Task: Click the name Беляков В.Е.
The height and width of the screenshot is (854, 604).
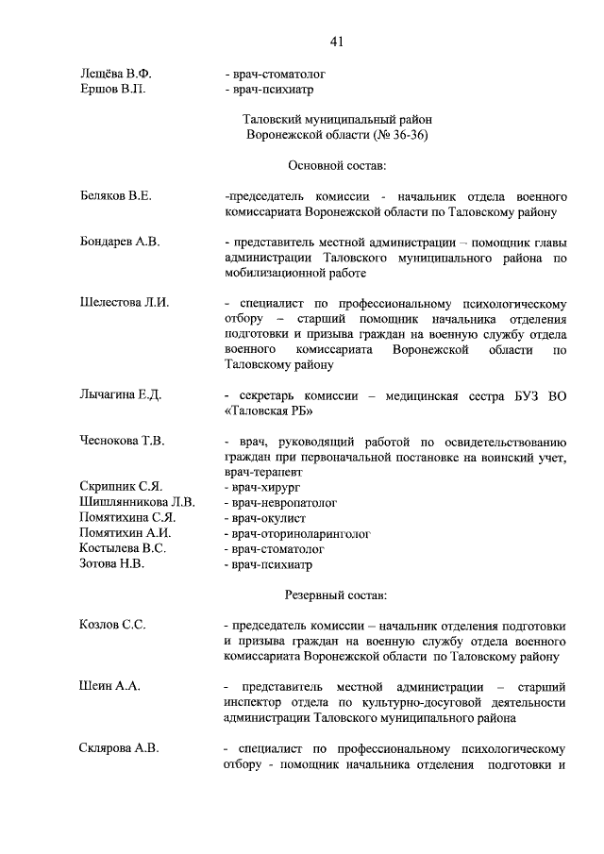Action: coord(116,195)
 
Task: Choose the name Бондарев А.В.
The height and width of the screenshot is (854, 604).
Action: coord(120,242)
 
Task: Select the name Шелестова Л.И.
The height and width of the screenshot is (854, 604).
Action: coord(125,303)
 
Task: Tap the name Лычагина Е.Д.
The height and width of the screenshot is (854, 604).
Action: coord(121,394)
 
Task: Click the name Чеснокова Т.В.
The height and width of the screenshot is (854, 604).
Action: coord(123,441)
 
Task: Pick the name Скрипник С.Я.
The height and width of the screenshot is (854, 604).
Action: coord(122,486)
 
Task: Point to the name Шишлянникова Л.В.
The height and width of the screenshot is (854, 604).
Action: coord(138,502)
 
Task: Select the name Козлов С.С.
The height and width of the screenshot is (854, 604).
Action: coord(113,625)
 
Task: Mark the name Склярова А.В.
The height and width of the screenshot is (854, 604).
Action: coord(119,748)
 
